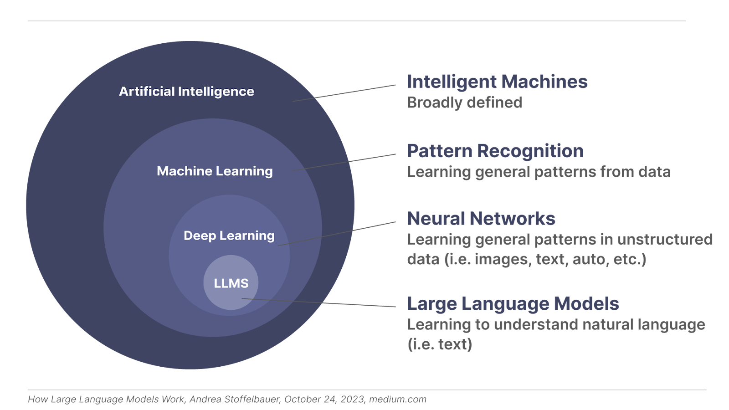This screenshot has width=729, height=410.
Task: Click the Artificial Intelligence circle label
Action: coord(186,92)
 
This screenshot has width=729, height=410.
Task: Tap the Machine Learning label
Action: coord(215,171)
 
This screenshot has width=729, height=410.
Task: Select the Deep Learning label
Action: coord(229,236)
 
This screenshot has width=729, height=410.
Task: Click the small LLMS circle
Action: coord(231,283)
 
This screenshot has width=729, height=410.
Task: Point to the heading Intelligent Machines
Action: coord(497,82)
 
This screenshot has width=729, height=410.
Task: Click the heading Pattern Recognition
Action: coord(495,151)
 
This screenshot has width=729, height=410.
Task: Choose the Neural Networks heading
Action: coord(481,219)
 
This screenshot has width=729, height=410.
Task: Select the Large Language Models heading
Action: coord(513,304)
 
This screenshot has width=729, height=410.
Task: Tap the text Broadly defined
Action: coord(464,103)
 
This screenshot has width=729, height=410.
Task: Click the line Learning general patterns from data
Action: coord(539,172)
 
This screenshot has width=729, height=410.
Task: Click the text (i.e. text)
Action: coord(439,344)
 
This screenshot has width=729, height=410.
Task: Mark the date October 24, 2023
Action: coord(324,400)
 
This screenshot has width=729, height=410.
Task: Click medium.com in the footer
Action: coord(398,400)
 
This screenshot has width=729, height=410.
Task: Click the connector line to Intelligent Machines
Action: coord(344,93)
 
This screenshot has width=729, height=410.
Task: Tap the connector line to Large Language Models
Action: coord(319,303)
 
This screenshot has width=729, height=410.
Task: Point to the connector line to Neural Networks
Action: coord(337,234)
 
